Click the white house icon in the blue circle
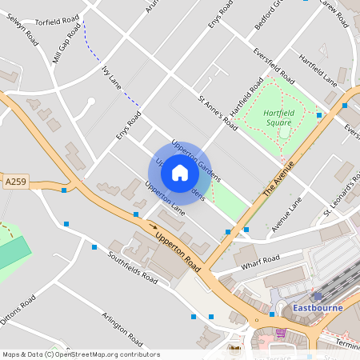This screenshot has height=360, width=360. (180, 172)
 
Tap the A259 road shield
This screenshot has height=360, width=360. (14, 182)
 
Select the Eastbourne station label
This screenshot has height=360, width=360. (318, 308)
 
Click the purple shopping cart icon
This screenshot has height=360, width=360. (281, 332)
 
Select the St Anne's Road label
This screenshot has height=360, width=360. (218, 113)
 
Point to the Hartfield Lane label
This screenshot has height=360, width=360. (318, 69)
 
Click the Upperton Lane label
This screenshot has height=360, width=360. (165, 198)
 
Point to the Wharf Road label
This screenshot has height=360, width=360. (260, 262)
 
